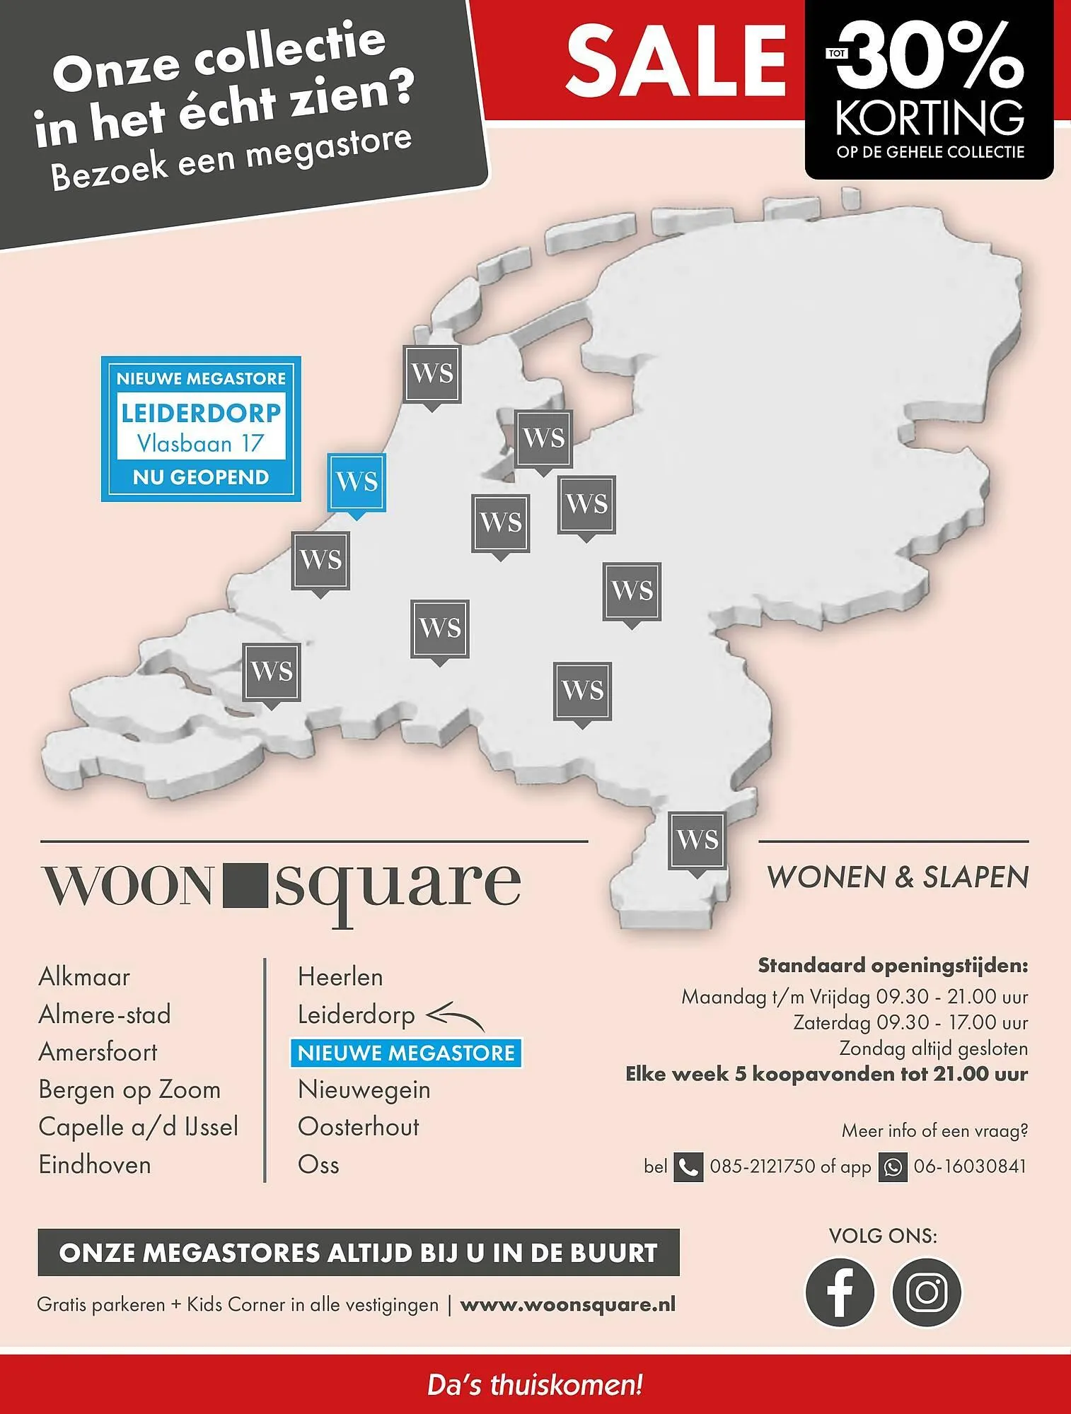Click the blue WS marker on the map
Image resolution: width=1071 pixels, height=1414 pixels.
click(x=357, y=482)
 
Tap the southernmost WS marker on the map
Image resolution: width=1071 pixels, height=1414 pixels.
click(x=697, y=841)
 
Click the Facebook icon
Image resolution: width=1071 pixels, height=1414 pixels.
click(x=840, y=1292)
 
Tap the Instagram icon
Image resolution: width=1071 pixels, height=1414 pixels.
click(x=927, y=1292)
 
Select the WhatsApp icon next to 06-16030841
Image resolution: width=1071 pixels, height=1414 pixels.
click(x=893, y=1167)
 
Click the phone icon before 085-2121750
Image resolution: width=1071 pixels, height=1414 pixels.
click(x=688, y=1167)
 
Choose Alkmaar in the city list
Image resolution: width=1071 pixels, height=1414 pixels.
click(x=84, y=977)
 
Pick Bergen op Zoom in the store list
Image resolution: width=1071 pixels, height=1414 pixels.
click(x=129, y=1089)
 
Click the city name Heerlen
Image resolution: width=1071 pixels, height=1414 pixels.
click(x=340, y=977)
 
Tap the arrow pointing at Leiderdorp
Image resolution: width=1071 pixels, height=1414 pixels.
click(x=456, y=1018)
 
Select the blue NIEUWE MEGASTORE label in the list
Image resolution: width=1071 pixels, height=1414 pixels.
click(x=406, y=1053)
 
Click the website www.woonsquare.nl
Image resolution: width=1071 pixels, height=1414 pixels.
click(x=568, y=1304)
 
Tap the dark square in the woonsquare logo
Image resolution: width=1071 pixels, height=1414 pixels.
click(x=245, y=886)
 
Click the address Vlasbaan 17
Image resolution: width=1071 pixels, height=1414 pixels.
click(x=201, y=443)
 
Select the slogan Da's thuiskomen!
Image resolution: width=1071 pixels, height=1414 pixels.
click(x=535, y=1384)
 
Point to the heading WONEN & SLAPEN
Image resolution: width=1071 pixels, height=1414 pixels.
click(x=898, y=877)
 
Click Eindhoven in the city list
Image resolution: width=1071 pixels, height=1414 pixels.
click(x=95, y=1164)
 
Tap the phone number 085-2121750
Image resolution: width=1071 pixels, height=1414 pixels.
click(x=763, y=1167)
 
